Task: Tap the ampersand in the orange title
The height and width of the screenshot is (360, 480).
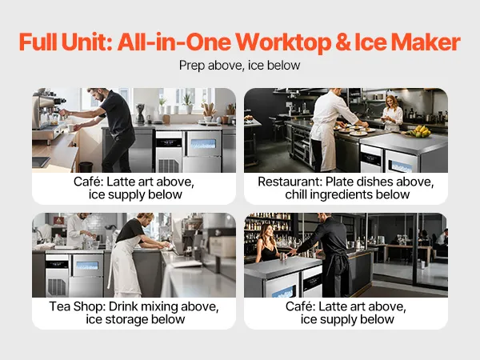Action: click(x=343, y=42)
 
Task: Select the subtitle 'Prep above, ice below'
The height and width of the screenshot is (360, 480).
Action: click(x=240, y=66)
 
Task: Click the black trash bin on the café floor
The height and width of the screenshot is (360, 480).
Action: click(x=86, y=167)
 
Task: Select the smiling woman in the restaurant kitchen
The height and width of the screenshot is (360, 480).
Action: click(x=392, y=113)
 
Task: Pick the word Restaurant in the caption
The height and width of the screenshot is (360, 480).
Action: click(x=290, y=182)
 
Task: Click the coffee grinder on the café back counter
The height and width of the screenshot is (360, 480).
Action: click(x=140, y=114)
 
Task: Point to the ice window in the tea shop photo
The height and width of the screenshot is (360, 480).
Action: click(x=87, y=266)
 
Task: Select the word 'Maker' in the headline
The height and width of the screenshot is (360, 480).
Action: click(x=426, y=42)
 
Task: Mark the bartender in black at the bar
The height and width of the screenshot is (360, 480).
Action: click(x=330, y=254)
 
